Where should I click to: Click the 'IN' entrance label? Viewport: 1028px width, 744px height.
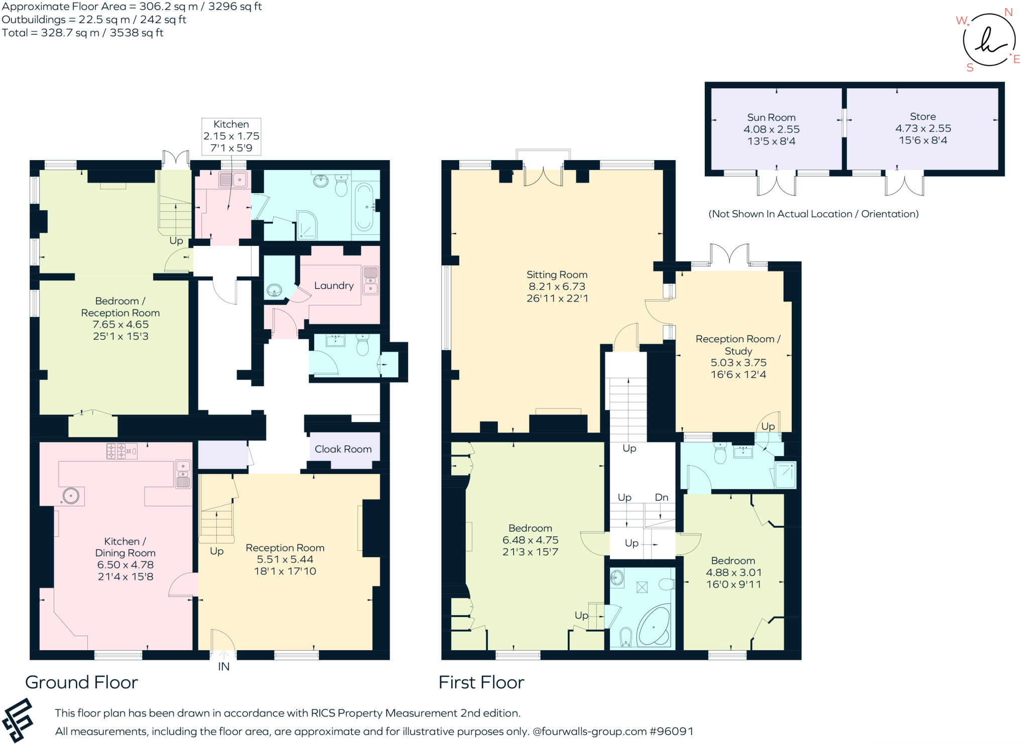[x=224, y=666]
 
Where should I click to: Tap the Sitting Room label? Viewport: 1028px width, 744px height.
[x=557, y=275]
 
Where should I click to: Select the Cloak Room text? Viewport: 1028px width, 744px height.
[x=343, y=449]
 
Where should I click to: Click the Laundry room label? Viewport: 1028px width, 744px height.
[x=334, y=285]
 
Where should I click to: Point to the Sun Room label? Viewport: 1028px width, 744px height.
[x=771, y=117]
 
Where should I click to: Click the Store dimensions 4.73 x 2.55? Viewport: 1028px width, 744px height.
[x=923, y=128]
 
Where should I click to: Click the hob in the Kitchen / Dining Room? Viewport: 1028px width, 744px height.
[x=122, y=451]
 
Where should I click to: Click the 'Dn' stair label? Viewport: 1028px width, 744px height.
[x=662, y=497]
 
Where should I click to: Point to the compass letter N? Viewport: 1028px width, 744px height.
[x=1008, y=13]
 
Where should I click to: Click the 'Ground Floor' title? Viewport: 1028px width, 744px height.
[x=81, y=682]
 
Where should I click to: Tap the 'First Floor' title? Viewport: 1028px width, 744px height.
[x=481, y=682]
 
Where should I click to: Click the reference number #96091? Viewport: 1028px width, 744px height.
[x=671, y=731]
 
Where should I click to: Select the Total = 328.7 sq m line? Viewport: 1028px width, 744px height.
[x=83, y=33]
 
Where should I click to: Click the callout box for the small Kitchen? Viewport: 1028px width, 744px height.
[x=231, y=136]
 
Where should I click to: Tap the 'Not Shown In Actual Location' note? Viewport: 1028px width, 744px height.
[x=813, y=214]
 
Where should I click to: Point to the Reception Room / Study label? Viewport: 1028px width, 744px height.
[x=738, y=345]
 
